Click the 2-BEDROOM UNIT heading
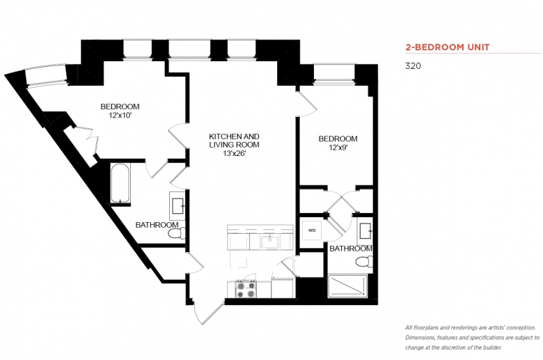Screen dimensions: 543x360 pyautogui.click(x=448, y=47)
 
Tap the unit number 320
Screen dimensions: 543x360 pyautogui.click(x=413, y=66)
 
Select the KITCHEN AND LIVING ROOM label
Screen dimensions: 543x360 pyautogui.click(x=234, y=141)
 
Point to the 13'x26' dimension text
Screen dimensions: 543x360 pyautogui.click(x=234, y=153)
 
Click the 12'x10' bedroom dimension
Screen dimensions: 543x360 pyautogui.click(x=120, y=116)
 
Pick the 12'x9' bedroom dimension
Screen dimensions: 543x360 pyautogui.click(x=338, y=148)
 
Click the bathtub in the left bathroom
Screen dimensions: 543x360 pyautogui.click(x=120, y=184)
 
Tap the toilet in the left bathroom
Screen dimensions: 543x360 pyautogui.click(x=177, y=234)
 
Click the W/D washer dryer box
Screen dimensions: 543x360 pyautogui.click(x=312, y=230)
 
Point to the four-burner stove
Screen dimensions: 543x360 pyautogui.click(x=246, y=289)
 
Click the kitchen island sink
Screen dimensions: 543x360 pyautogui.click(x=269, y=241)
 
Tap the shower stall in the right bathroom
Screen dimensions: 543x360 pyautogui.click(x=347, y=286)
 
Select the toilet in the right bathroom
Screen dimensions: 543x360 pyautogui.click(x=365, y=261)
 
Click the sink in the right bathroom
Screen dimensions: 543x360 pyautogui.click(x=365, y=230)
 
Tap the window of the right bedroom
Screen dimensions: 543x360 pyautogui.click(x=335, y=73)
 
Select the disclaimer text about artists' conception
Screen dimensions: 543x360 pyautogui.click(x=473, y=338)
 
